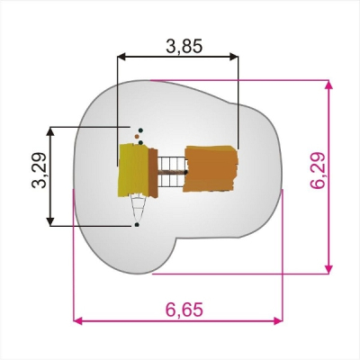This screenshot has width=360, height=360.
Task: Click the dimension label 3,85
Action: [x=184, y=46]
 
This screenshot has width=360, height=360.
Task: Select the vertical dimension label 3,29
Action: [x=40, y=170]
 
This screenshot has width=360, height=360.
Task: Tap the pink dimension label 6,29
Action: [x=318, y=170]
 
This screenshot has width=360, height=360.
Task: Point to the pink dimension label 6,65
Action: [x=184, y=310]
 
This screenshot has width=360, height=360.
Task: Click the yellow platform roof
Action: [x=134, y=170]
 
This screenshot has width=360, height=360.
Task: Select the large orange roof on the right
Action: [x=211, y=168]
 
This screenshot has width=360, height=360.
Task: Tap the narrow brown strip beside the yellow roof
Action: [x=153, y=173]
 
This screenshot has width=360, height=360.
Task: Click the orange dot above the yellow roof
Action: [x=137, y=137]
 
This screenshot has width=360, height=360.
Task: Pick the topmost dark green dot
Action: [x=140, y=130]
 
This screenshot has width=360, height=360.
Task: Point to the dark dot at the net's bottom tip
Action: [x=137, y=225]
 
